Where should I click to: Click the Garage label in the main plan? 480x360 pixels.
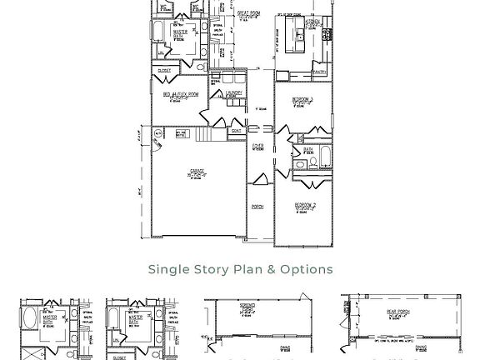click(197, 173)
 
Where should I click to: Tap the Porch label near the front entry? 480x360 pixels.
click(257, 207)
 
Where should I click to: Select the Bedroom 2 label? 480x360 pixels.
click(304, 205)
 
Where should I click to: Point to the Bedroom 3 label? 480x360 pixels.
click(302, 101)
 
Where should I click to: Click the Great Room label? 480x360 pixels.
click(249, 14)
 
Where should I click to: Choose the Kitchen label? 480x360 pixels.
click(312, 25)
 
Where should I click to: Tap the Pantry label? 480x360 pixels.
click(318, 72)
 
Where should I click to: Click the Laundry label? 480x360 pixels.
click(234, 94)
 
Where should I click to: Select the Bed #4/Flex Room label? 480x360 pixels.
click(181, 96)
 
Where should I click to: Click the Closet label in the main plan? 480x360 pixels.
click(164, 71)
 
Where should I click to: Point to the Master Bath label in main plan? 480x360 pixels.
click(180, 33)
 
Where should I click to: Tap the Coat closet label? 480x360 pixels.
click(237, 131)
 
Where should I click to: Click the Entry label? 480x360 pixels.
click(258, 148)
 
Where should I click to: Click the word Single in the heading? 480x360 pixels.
click(167, 269)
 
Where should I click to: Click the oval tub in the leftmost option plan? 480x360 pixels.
click(30, 319)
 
